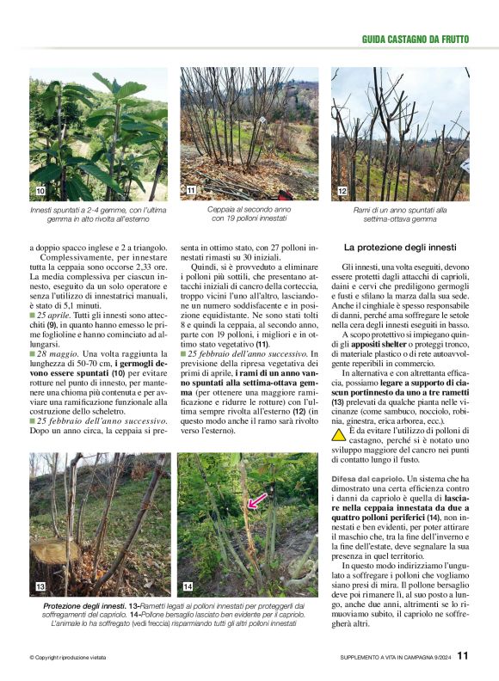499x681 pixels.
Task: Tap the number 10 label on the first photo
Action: pyautogui.click(x=40, y=190)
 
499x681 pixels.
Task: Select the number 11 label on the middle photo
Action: pyautogui.click(x=191, y=190)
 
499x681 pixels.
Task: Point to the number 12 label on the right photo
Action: pyautogui.click(x=342, y=190)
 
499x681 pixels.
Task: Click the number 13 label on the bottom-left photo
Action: pyautogui.click(x=40, y=586)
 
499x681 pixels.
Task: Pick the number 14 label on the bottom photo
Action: pyautogui.click(x=188, y=586)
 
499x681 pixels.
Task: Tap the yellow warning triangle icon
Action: pyautogui.click(x=339, y=434)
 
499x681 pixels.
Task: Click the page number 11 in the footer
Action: pyautogui.click(x=463, y=656)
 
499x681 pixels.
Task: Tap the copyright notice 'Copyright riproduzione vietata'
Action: pyautogui.click(x=67, y=659)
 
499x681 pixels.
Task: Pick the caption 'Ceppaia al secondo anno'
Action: pyautogui.click(x=249, y=209)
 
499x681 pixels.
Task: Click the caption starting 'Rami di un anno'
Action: pyautogui.click(x=400, y=209)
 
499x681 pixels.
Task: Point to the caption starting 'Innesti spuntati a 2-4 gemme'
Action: pyautogui.click(x=98, y=210)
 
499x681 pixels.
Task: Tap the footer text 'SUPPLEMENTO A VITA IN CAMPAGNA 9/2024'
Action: pyautogui.click(x=395, y=659)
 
